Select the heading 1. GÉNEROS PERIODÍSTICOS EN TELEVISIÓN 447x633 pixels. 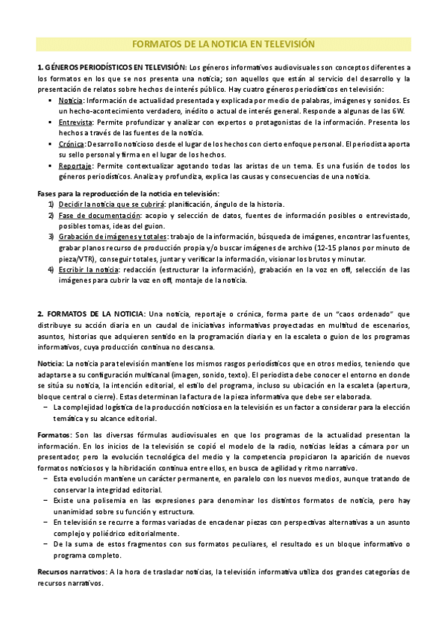[x=109, y=68]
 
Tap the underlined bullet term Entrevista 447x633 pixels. [x=74, y=120]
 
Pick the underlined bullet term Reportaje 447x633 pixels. [x=75, y=166]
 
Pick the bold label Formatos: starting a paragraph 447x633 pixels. [x=55, y=434]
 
